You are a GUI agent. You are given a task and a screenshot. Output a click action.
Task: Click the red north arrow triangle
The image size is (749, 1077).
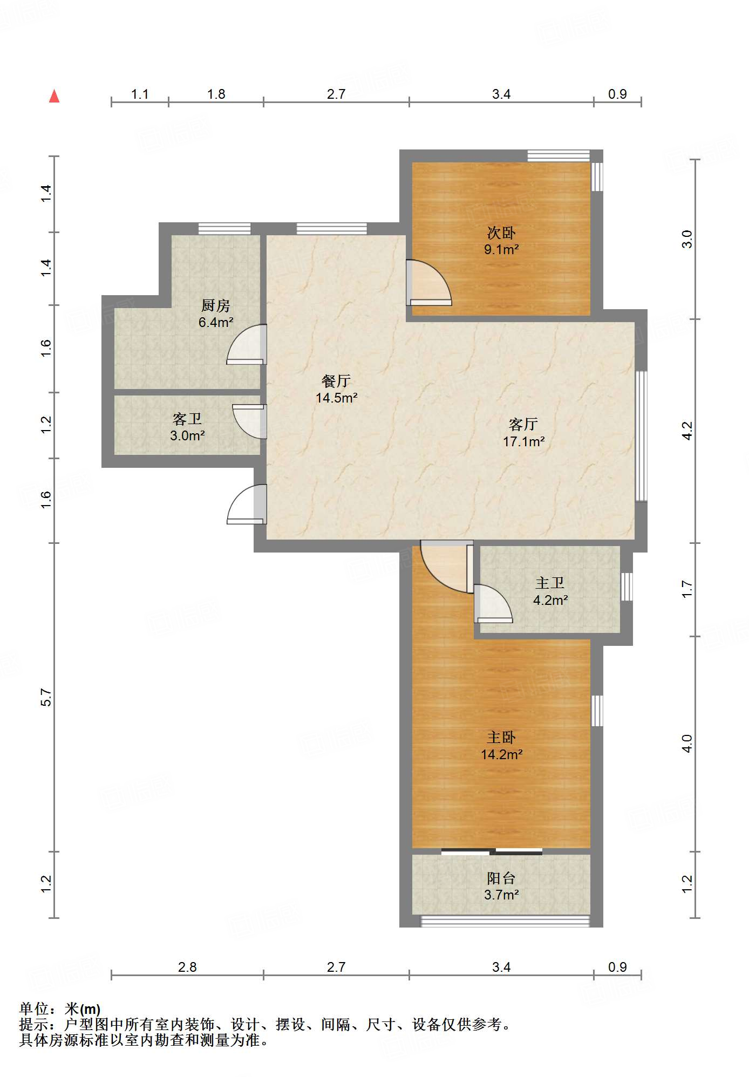point(54,96)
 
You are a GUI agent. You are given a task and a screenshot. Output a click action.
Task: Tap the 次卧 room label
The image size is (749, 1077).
point(501,233)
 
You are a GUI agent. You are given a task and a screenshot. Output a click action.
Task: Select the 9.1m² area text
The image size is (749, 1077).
point(501,249)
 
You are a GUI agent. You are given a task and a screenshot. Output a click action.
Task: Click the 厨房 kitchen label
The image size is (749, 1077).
point(215,305)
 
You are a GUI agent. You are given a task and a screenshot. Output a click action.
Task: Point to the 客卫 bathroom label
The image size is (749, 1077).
point(187,419)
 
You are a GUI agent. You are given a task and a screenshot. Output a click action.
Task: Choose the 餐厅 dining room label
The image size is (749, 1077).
point(336,381)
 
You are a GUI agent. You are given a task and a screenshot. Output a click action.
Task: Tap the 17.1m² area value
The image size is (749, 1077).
point(523,441)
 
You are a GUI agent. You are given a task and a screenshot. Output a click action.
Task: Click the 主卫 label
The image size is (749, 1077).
point(550,583)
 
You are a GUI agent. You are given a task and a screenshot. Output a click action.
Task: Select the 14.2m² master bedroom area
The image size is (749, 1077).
point(501,754)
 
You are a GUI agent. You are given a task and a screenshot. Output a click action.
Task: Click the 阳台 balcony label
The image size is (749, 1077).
point(501,878)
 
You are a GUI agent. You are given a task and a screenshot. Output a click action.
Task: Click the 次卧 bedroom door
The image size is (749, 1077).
point(429,283)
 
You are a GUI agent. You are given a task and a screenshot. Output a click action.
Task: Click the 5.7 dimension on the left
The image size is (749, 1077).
point(46,697)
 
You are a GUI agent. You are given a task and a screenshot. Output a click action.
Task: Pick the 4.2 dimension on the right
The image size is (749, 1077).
point(686,431)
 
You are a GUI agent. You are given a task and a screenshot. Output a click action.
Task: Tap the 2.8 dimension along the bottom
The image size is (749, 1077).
point(187,967)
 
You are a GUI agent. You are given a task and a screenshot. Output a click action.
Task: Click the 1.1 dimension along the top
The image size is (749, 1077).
point(140,94)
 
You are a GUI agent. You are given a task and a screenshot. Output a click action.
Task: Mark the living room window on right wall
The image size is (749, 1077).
point(641,436)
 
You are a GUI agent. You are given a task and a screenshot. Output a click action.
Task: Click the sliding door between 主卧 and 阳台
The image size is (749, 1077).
point(492,852)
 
